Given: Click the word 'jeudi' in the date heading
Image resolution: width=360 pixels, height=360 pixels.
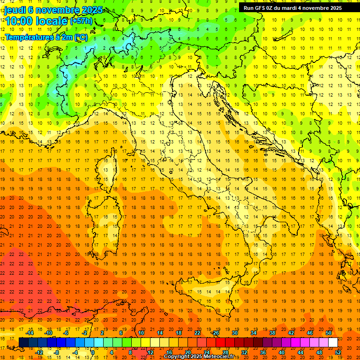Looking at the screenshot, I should [15, 10].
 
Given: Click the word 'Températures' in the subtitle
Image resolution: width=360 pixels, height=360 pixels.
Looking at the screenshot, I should [28, 37].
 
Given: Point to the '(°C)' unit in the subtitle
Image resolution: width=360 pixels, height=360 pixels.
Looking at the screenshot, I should [81, 37].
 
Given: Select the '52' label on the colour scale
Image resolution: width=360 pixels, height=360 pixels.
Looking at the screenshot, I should [338, 352].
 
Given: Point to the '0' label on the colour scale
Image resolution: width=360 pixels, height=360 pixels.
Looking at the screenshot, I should [93, 352].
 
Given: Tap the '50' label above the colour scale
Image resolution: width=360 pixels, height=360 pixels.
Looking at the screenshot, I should [329, 333].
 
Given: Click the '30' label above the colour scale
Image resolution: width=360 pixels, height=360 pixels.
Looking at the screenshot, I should [234, 333].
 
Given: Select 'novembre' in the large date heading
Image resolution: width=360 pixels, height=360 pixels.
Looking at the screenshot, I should [53, 10].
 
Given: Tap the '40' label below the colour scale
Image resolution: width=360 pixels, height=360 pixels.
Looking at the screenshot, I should [281, 352].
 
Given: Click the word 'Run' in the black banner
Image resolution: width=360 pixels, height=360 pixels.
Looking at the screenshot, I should [249, 8].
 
